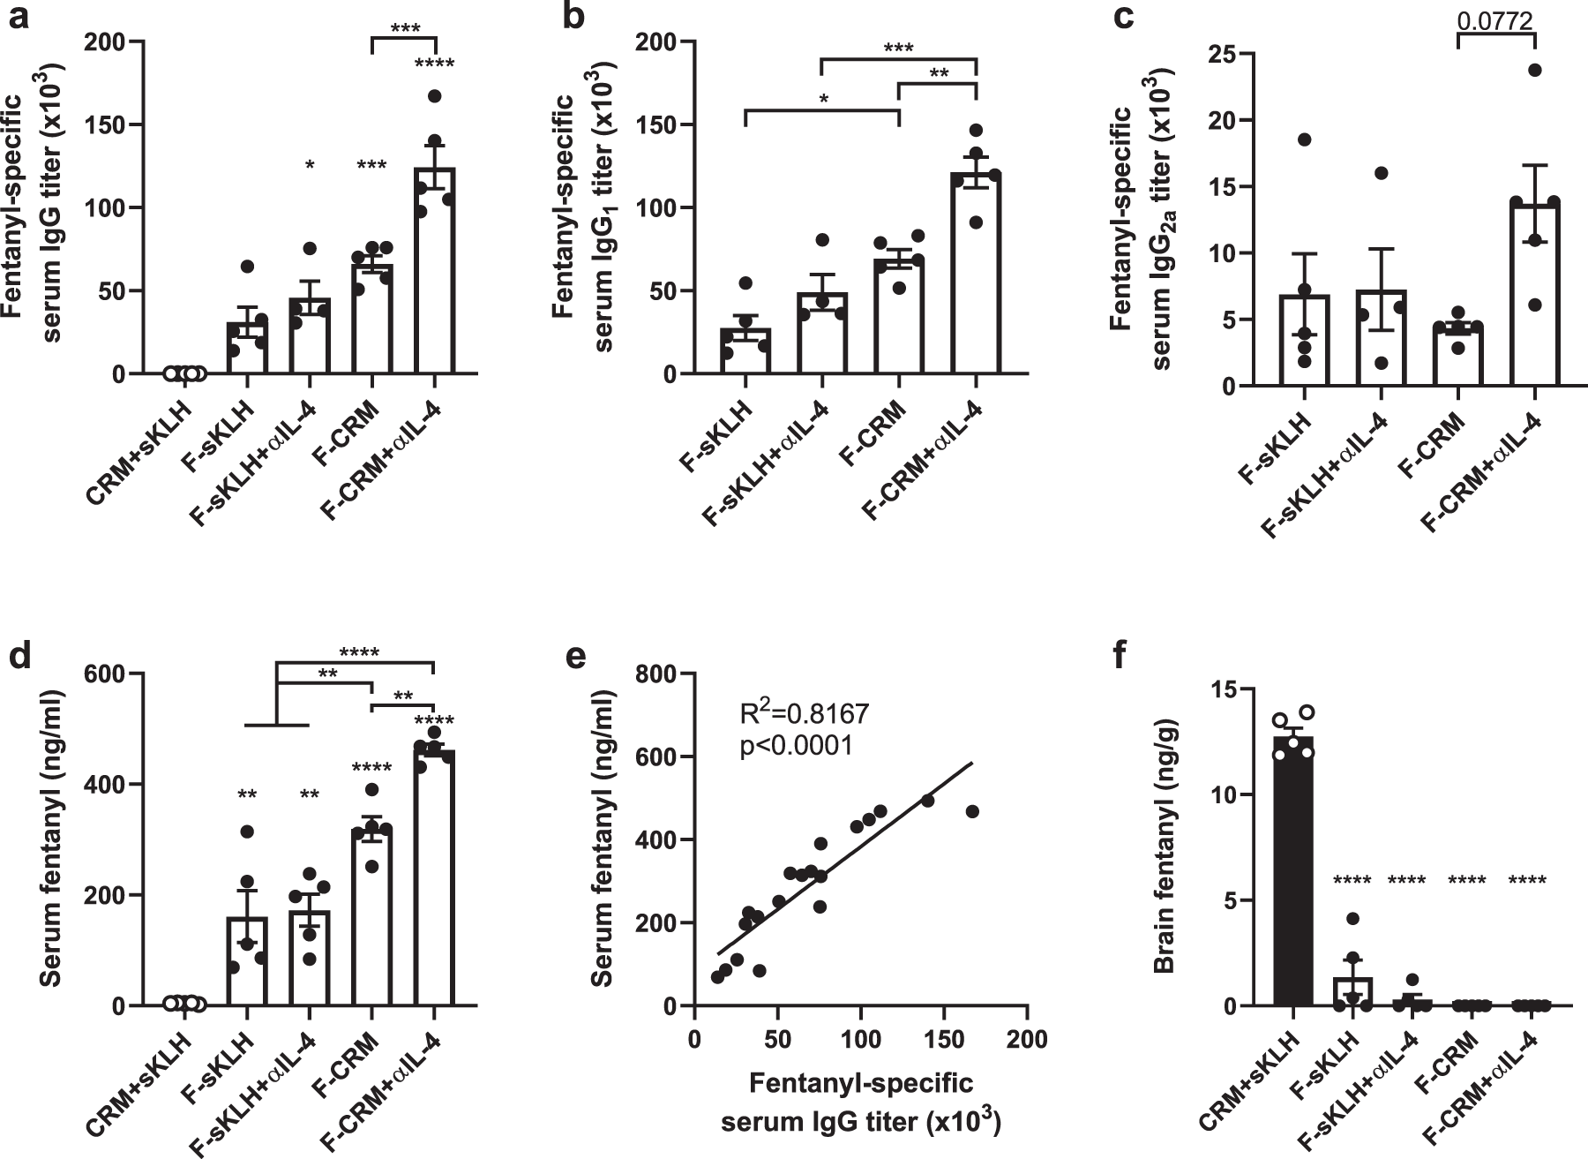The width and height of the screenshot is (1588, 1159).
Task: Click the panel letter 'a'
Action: click(19, 18)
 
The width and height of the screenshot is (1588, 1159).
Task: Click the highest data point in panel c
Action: click(1535, 71)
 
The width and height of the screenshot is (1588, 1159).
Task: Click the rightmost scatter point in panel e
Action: click(972, 811)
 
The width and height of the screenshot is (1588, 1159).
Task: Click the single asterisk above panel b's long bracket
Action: click(822, 97)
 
